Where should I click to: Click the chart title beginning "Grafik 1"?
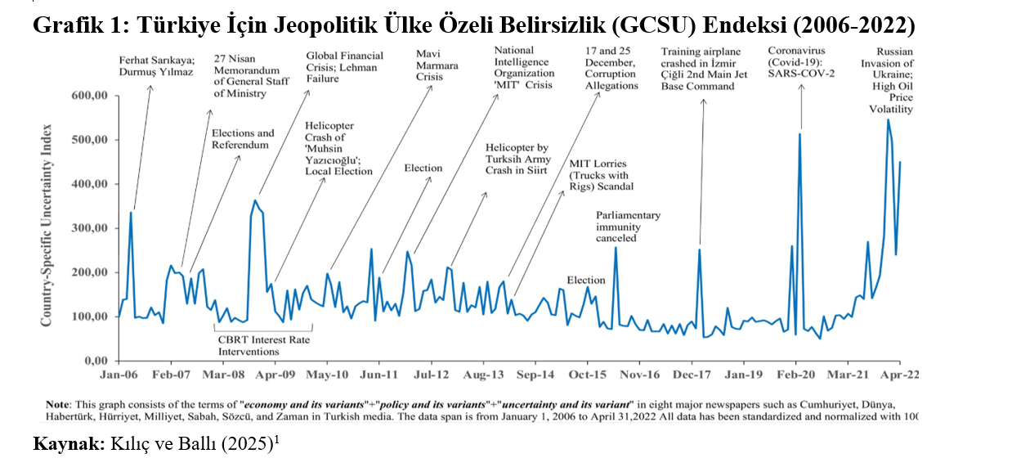pos(473,25)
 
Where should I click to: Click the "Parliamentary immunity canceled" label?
pos(628,227)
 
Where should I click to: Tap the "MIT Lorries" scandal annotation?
pos(601,175)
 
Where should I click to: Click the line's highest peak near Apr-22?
pos(888,120)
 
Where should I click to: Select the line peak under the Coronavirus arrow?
pos(799,134)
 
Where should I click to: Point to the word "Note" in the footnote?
pos(58,405)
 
